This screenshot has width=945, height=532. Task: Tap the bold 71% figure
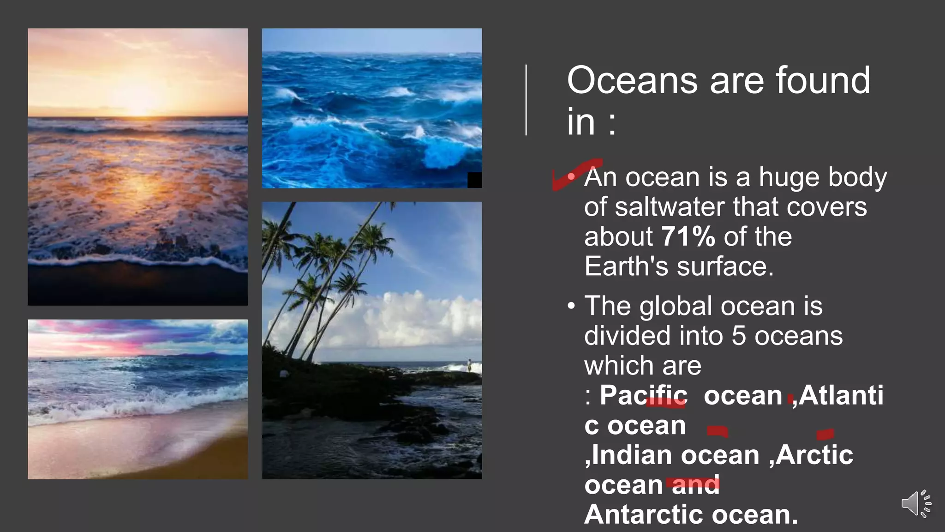click(x=688, y=236)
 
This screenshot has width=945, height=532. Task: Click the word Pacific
click(x=643, y=395)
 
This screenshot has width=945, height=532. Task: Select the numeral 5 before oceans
click(x=739, y=336)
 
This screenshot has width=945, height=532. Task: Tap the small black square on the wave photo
click(x=474, y=180)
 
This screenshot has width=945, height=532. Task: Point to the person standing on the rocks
click(x=469, y=365)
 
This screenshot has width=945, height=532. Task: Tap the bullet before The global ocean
click(x=572, y=306)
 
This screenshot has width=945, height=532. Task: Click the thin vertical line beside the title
click(x=526, y=100)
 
